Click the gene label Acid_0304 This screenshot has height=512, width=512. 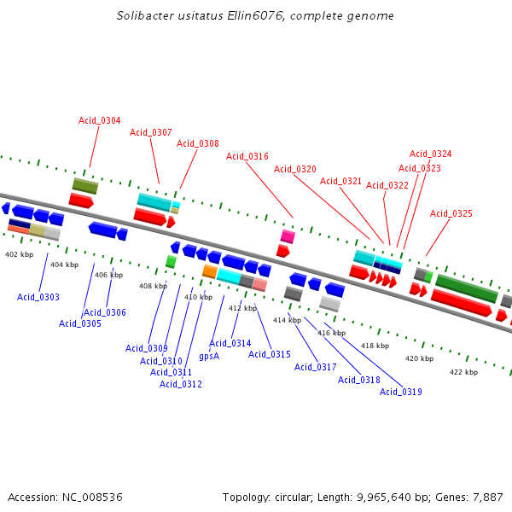(x=100, y=120)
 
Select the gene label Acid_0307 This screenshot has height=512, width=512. (x=151, y=132)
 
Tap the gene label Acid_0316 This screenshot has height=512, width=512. (x=247, y=156)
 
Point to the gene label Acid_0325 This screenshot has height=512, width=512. (x=451, y=213)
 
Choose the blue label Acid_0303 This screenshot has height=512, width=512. (x=38, y=297)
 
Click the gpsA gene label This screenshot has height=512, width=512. (x=209, y=356)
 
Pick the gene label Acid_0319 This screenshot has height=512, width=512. (x=401, y=392)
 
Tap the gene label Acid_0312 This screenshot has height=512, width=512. (x=181, y=384)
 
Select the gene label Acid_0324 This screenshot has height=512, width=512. (x=431, y=154)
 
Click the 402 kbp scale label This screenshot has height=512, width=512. (x=20, y=254)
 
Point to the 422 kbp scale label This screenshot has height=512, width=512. (x=464, y=372)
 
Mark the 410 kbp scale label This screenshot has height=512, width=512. (x=198, y=297)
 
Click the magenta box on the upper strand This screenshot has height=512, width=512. (x=288, y=236)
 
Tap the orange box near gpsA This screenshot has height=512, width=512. (x=209, y=271)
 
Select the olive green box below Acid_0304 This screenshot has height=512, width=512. (x=85, y=185)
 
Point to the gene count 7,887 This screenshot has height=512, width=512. (x=487, y=497)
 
